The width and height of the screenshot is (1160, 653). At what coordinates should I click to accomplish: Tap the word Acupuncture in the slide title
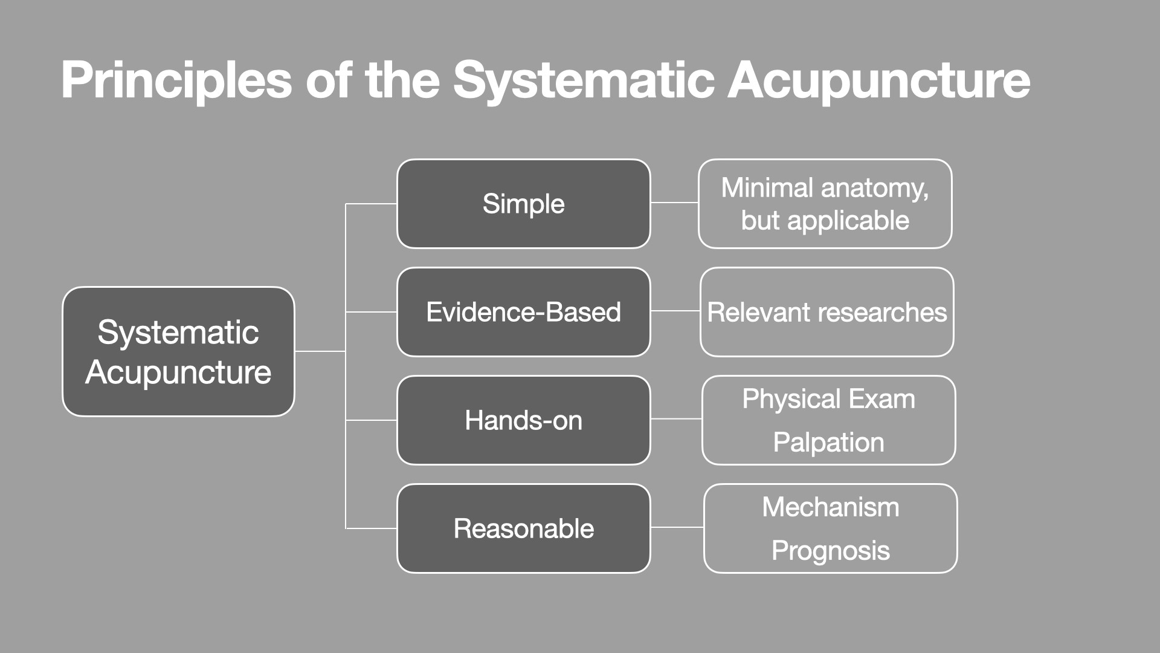(x=878, y=80)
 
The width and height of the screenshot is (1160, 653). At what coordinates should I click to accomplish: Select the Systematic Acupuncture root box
(x=178, y=352)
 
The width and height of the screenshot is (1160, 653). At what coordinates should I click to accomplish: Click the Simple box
(x=523, y=204)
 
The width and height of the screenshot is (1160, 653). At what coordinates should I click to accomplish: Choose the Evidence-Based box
(x=523, y=312)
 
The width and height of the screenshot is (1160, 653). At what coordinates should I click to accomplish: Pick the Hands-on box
(x=523, y=420)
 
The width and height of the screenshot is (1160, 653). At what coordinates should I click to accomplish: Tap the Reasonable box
(x=523, y=528)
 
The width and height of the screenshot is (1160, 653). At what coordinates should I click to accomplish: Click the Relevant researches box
(x=826, y=312)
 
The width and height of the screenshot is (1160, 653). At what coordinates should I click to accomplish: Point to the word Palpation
(x=828, y=443)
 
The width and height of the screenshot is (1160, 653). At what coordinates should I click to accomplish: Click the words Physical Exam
(x=828, y=399)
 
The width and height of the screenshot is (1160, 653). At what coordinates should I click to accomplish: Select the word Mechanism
(x=830, y=507)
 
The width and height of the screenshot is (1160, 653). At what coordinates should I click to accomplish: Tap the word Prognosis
(x=830, y=551)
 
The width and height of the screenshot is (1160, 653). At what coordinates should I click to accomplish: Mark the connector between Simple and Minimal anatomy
(x=674, y=203)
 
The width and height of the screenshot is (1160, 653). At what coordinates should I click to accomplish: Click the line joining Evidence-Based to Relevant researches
(x=675, y=311)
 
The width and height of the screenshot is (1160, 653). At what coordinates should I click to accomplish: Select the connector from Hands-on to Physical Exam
(x=676, y=418)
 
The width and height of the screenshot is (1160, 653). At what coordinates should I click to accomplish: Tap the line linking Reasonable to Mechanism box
(x=677, y=527)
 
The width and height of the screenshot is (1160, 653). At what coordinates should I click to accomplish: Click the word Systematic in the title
(x=583, y=80)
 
